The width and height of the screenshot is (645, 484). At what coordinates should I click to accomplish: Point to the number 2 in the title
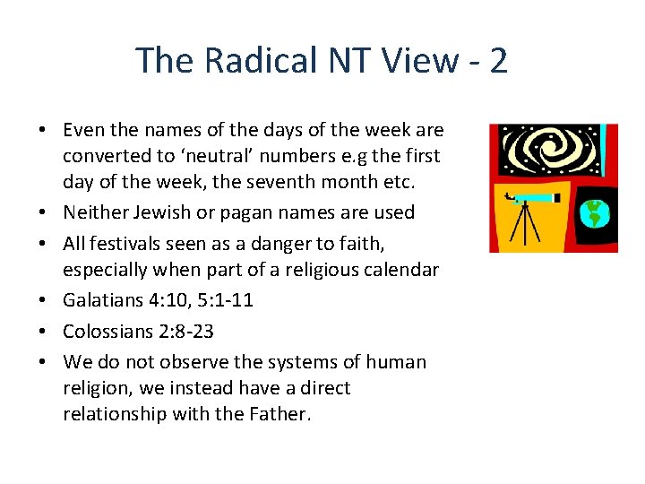499,60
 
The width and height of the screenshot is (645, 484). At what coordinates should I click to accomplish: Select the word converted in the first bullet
103,156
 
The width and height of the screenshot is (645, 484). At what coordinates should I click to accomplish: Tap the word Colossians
108,331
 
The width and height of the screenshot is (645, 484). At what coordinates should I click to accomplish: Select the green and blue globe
592,213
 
